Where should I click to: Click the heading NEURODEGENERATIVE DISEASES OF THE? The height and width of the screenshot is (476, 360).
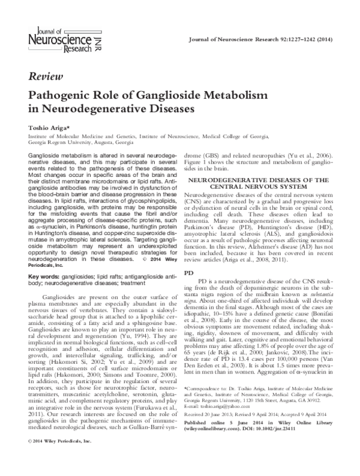click(x=265, y=179)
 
